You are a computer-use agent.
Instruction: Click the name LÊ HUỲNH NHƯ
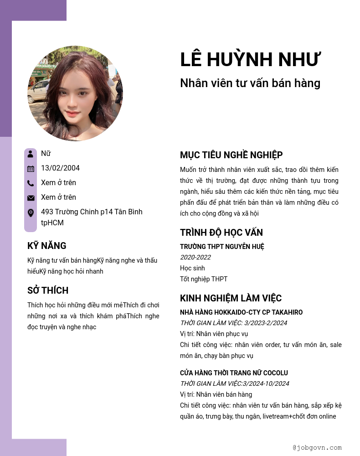tap(251, 60)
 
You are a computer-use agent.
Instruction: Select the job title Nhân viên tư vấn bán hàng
tap(250, 83)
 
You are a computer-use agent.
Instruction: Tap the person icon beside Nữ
tap(31, 154)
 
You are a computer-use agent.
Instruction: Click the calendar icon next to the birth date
tap(31, 168)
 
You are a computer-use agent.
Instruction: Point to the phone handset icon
tap(31, 183)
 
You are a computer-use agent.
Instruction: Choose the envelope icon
tap(31, 197)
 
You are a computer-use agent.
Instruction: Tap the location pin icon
tap(31, 212)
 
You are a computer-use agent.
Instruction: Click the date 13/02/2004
tap(60, 168)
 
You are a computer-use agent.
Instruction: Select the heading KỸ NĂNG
tap(47, 246)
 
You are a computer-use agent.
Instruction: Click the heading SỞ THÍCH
tap(48, 290)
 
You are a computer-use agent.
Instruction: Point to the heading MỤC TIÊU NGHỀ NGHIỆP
tap(231, 155)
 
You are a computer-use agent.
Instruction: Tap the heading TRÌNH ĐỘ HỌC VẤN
tap(221, 233)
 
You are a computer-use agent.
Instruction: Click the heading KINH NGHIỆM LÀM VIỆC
tap(231, 298)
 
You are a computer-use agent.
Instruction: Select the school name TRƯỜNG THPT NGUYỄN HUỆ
tap(222, 247)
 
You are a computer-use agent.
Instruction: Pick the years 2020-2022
tap(195, 257)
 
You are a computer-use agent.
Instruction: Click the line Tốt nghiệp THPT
tap(204, 279)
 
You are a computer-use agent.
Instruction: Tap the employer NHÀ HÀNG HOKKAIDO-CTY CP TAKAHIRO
tap(241, 312)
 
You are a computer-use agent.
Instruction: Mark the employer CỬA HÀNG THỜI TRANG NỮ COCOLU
tap(234, 373)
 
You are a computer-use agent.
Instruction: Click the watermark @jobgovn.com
tap(317, 448)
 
